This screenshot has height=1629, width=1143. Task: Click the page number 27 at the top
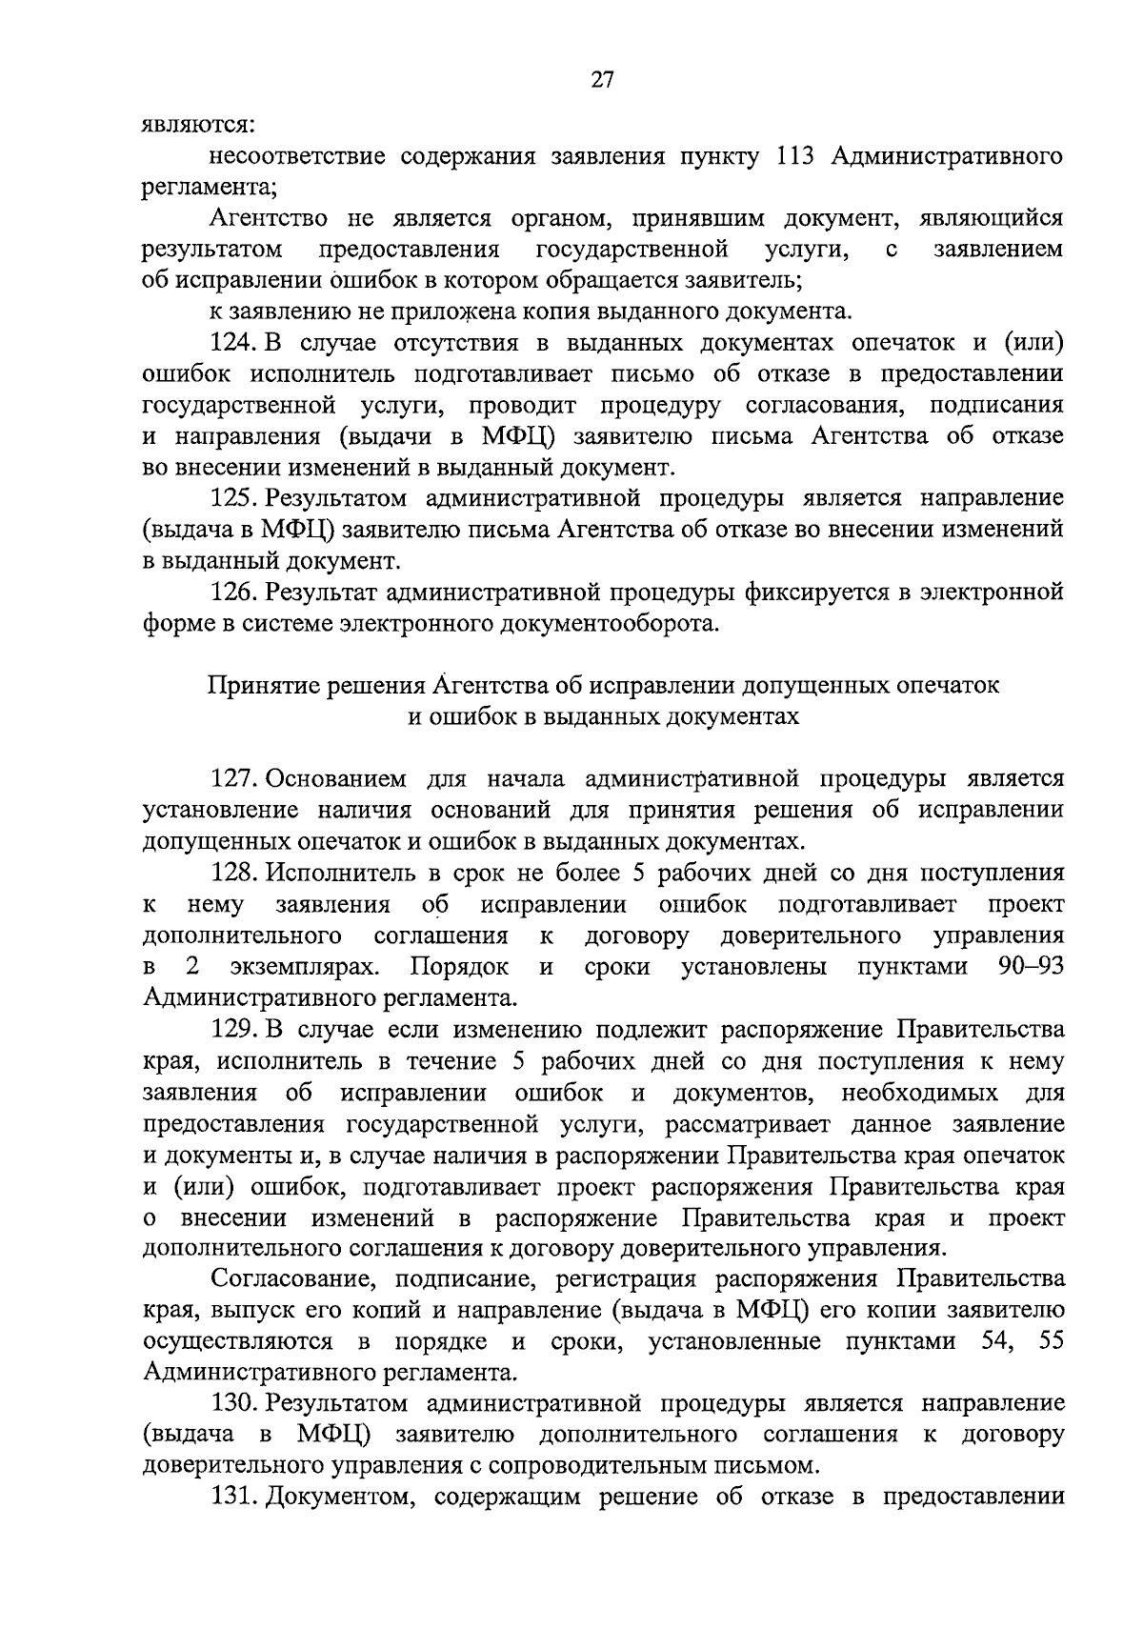coord(602,80)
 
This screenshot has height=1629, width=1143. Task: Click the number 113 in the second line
coord(794,155)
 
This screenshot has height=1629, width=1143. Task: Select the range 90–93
coord(1031,967)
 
